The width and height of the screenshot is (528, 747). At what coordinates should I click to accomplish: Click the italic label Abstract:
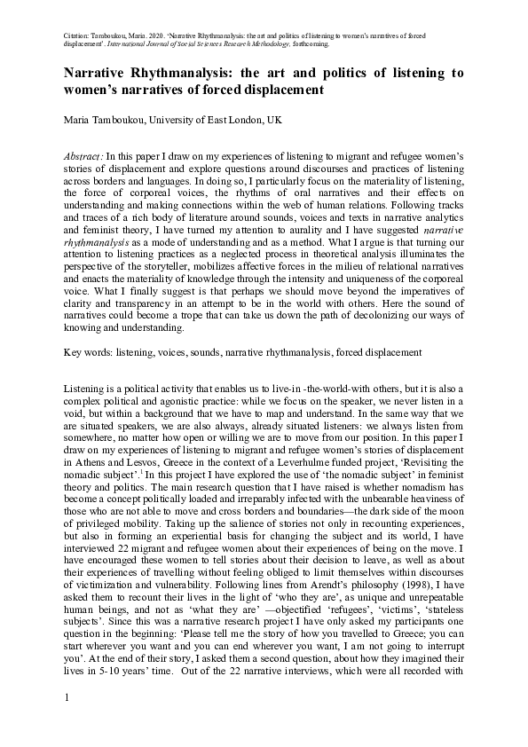pos(84,155)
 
